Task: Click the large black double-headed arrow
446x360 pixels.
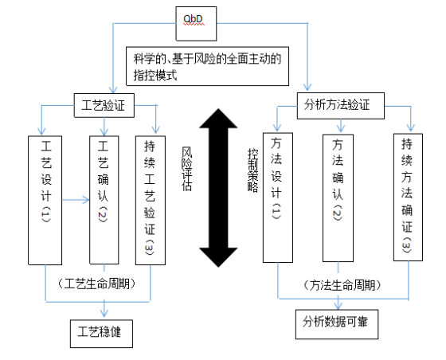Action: point(218,188)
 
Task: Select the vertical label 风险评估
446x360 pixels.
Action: point(187,169)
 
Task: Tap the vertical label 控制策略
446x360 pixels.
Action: point(253,170)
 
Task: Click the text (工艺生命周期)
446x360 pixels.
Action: point(96,284)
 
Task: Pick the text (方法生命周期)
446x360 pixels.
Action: point(342,285)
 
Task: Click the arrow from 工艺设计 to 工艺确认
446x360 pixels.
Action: point(76,200)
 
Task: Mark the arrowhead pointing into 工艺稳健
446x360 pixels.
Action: point(104,313)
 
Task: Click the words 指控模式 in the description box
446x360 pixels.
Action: point(155,75)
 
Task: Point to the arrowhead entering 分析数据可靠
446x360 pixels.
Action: point(338,305)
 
